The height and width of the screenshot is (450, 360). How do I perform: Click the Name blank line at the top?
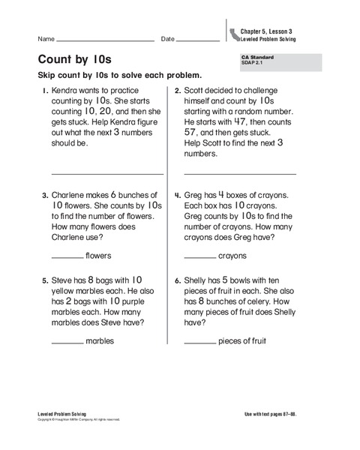[x=106, y=40]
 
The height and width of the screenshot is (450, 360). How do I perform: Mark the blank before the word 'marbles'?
[x=67, y=342]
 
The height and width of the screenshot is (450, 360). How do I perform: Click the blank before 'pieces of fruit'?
[x=199, y=342]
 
